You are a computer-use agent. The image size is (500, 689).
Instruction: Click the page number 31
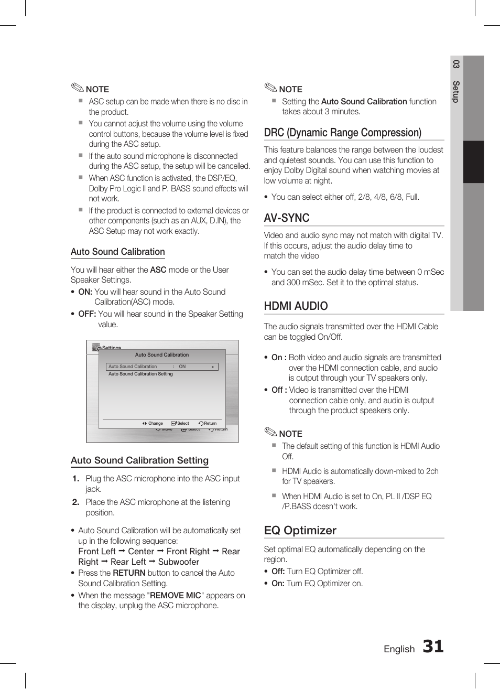433,647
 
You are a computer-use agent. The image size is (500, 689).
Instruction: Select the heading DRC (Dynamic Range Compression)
343,133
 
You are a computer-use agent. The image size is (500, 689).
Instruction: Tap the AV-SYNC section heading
287,218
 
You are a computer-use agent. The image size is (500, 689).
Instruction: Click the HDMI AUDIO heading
296,306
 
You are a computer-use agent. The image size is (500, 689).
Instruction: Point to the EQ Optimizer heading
300,531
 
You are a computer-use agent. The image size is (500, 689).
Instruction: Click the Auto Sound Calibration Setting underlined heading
139,460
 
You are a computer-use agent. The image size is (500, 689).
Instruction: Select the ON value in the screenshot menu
182,367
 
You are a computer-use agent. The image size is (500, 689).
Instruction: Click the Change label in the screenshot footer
155,423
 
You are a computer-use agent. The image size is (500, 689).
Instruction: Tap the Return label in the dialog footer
210,423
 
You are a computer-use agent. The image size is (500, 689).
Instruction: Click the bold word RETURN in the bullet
129,573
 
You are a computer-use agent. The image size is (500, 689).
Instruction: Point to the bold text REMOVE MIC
175,596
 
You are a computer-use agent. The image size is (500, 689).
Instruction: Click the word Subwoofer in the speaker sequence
178,562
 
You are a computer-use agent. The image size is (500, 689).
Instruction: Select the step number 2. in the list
75,502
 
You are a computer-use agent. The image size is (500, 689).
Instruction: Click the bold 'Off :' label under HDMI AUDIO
279,390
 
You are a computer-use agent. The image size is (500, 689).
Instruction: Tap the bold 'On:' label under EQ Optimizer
278,584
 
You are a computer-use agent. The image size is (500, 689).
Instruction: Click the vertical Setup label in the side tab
456,92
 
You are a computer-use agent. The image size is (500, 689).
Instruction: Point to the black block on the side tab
473,162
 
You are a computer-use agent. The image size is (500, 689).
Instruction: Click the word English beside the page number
399,649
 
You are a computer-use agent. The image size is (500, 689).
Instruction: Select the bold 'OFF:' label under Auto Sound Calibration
87,314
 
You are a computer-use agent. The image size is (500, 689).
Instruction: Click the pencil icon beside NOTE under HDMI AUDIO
270,433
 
